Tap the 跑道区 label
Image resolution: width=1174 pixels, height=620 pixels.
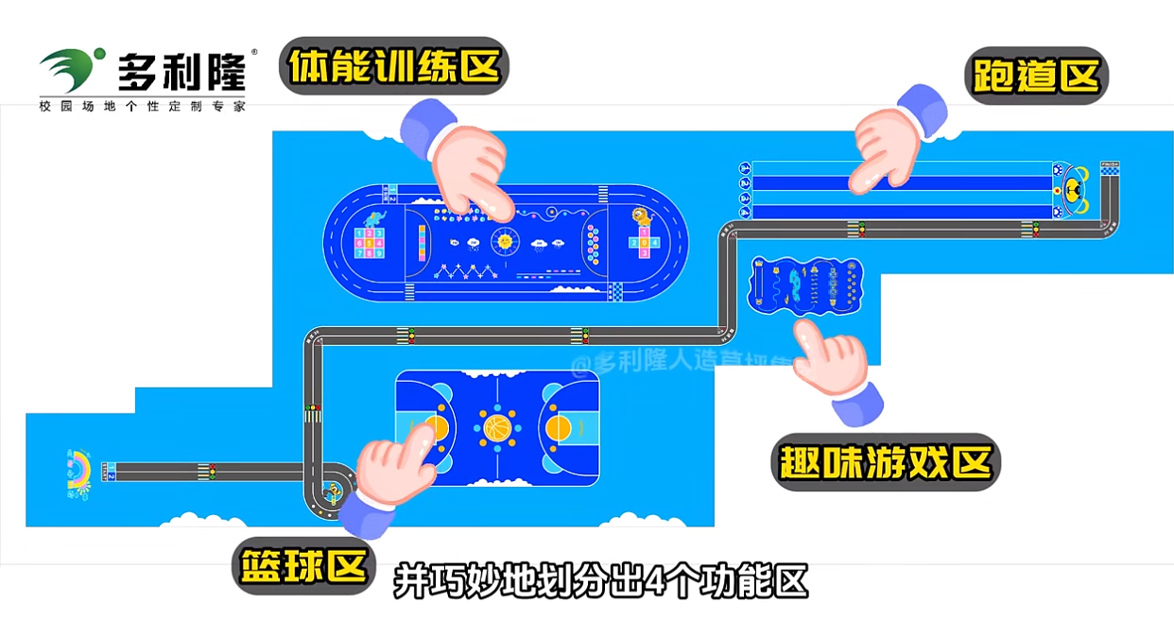click(1035, 76)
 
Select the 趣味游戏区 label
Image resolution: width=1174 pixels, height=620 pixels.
click(886, 462)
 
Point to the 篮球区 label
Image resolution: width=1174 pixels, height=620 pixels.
click(302, 567)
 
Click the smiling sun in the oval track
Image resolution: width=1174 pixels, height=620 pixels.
click(504, 241)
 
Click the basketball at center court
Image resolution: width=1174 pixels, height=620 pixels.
click(497, 428)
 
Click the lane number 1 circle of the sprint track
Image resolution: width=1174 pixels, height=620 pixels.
click(745, 168)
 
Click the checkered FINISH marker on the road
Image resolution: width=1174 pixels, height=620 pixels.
click(1110, 167)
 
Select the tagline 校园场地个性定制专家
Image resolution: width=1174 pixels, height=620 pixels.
click(142, 106)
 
